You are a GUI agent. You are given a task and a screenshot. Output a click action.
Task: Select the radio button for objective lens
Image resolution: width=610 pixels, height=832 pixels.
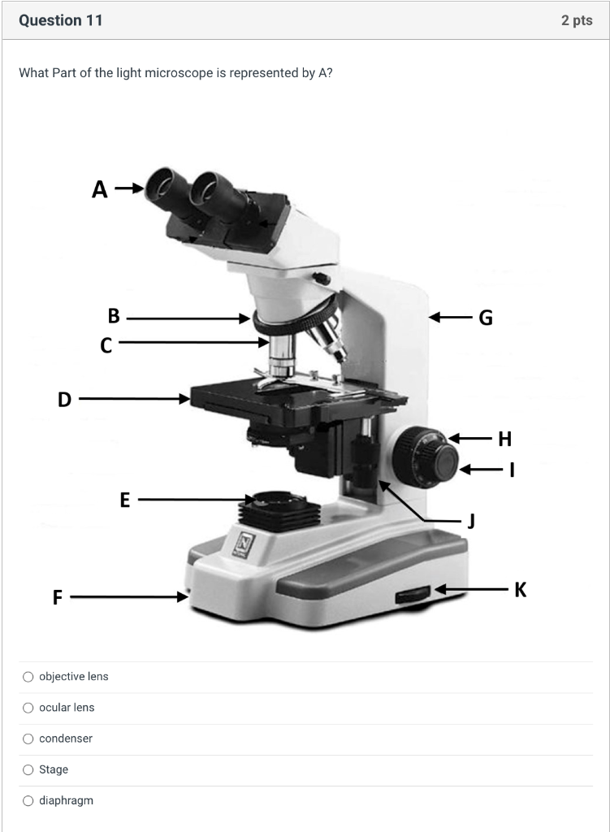(28, 677)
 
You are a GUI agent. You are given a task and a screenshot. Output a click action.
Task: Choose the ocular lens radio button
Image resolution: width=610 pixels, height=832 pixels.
(28, 708)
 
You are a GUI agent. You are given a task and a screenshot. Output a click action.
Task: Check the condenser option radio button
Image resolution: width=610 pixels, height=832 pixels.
(28, 739)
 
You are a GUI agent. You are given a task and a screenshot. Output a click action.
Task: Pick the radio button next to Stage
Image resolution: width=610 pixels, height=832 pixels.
(28, 769)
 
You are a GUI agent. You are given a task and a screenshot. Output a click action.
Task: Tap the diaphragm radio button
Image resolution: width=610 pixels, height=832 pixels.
(28, 800)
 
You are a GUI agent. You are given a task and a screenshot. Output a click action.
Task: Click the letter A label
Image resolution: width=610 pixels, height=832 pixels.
(99, 190)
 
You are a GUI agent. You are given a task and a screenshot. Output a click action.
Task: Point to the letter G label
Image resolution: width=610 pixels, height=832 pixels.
(486, 318)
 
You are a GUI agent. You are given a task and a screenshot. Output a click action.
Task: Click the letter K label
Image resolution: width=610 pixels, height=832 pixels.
(521, 590)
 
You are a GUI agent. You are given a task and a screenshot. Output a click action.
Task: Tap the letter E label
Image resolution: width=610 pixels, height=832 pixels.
(125, 500)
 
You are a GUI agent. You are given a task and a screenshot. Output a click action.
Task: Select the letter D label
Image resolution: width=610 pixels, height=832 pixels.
(64, 399)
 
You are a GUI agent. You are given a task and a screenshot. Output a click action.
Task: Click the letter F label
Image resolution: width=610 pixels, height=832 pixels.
(58, 598)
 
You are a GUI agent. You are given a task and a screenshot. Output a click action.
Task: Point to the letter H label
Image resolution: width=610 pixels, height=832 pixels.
(505, 440)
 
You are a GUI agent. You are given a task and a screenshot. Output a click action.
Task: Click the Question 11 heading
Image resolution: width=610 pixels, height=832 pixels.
(61, 20)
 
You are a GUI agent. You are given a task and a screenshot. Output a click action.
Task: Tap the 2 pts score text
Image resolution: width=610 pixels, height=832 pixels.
(577, 20)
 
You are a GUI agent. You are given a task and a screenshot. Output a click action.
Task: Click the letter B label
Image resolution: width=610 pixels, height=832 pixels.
(114, 317)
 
